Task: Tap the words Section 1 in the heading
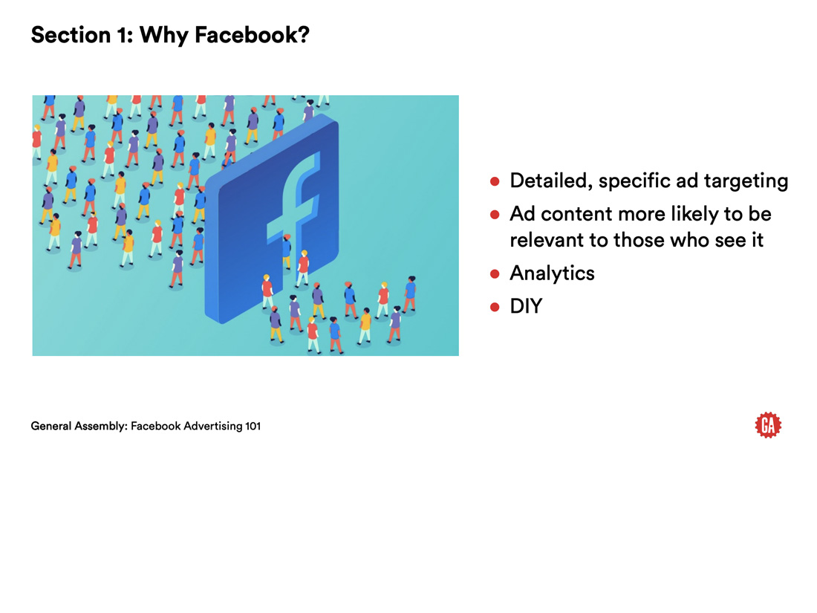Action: (x=82, y=35)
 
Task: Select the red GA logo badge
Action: (x=768, y=425)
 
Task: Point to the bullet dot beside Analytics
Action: (x=495, y=273)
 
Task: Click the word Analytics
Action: (x=553, y=273)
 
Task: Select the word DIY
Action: (x=527, y=306)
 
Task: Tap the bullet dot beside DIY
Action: (x=495, y=307)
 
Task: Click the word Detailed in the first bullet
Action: (x=551, y=181)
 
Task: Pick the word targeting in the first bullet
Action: (x=746, y=181)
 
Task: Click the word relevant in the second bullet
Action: (x=547, y=240)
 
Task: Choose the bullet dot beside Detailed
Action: (x=495, y=181)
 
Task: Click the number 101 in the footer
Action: (x=253, y=426)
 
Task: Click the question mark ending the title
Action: (x=304, y=35)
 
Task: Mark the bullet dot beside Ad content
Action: (x=495, y=214)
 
